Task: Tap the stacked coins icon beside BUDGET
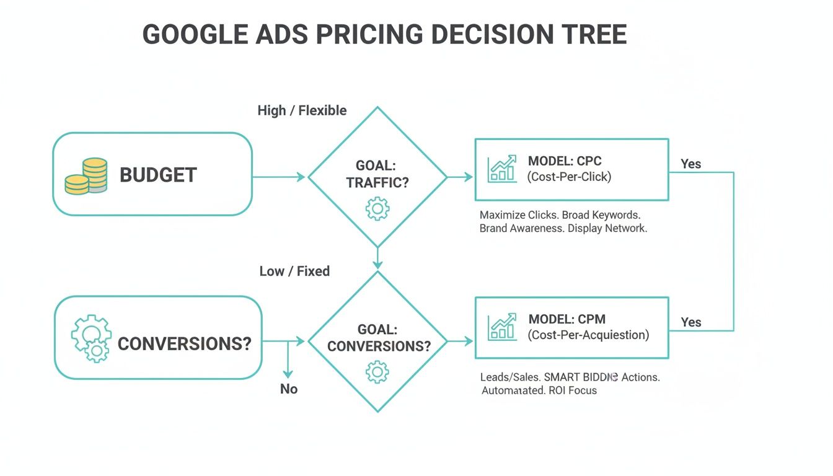(x=87, y=176)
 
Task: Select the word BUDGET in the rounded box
(x=158, y=175)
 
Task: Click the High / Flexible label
(x=302, y=110)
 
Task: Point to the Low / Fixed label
(x=294, y=271)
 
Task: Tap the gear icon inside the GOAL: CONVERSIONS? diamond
(x=377, y=372)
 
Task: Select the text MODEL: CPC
(x=565, y=161)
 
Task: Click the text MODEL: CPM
(x=566, y=319)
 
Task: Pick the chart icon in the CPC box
(x=502, y=169)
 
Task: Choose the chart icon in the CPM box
(x=502, y=327)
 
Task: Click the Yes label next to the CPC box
(x=691, y=164)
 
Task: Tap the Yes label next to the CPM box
(x=691, y=322)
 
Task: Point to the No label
(x=289, y=389)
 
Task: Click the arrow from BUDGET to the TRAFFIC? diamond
(x=279, y=177)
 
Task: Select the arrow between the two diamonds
(x=377, y=257)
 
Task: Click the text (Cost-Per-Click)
(x=569, y=177)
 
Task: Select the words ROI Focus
(x=574, y=390)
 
